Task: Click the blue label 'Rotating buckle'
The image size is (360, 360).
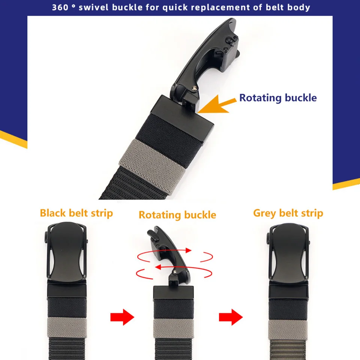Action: (x=278, y=98)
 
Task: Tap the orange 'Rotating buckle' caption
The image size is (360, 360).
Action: (x=177, y=215)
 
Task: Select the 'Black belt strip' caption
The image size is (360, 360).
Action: (x=76, y=213)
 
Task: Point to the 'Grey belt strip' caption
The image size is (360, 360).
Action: (x=288, y=213)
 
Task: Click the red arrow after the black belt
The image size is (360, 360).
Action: (x=122, y=318)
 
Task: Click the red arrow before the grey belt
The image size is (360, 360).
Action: (x=231, y=318)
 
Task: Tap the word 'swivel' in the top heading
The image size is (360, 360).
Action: (x=92, y=7)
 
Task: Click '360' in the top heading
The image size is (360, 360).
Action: (x=60, y=7)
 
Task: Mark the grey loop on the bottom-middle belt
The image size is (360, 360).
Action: (x=174, y=329)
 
